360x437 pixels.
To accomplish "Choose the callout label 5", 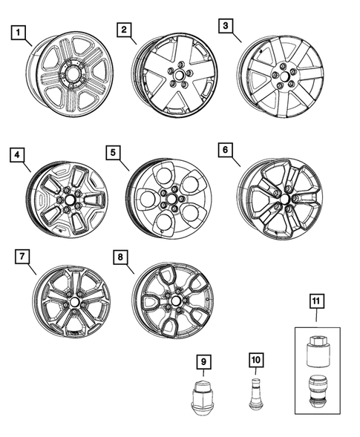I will (113, 154).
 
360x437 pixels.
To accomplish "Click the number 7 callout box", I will (23, 257).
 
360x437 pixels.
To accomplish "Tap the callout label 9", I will (203, 361).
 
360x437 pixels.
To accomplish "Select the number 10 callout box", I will (255, 361).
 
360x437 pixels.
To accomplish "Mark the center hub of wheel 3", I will (283, 76).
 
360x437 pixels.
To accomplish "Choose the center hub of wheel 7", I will (75, 305).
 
